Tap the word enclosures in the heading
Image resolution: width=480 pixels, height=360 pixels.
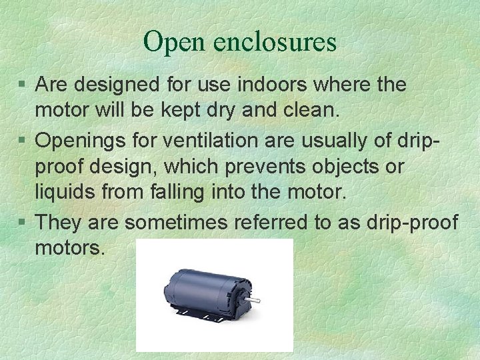pyautogui.click(x=275, y=43)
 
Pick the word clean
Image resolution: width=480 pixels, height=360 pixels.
pyautogui.click(x=312, y=112)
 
